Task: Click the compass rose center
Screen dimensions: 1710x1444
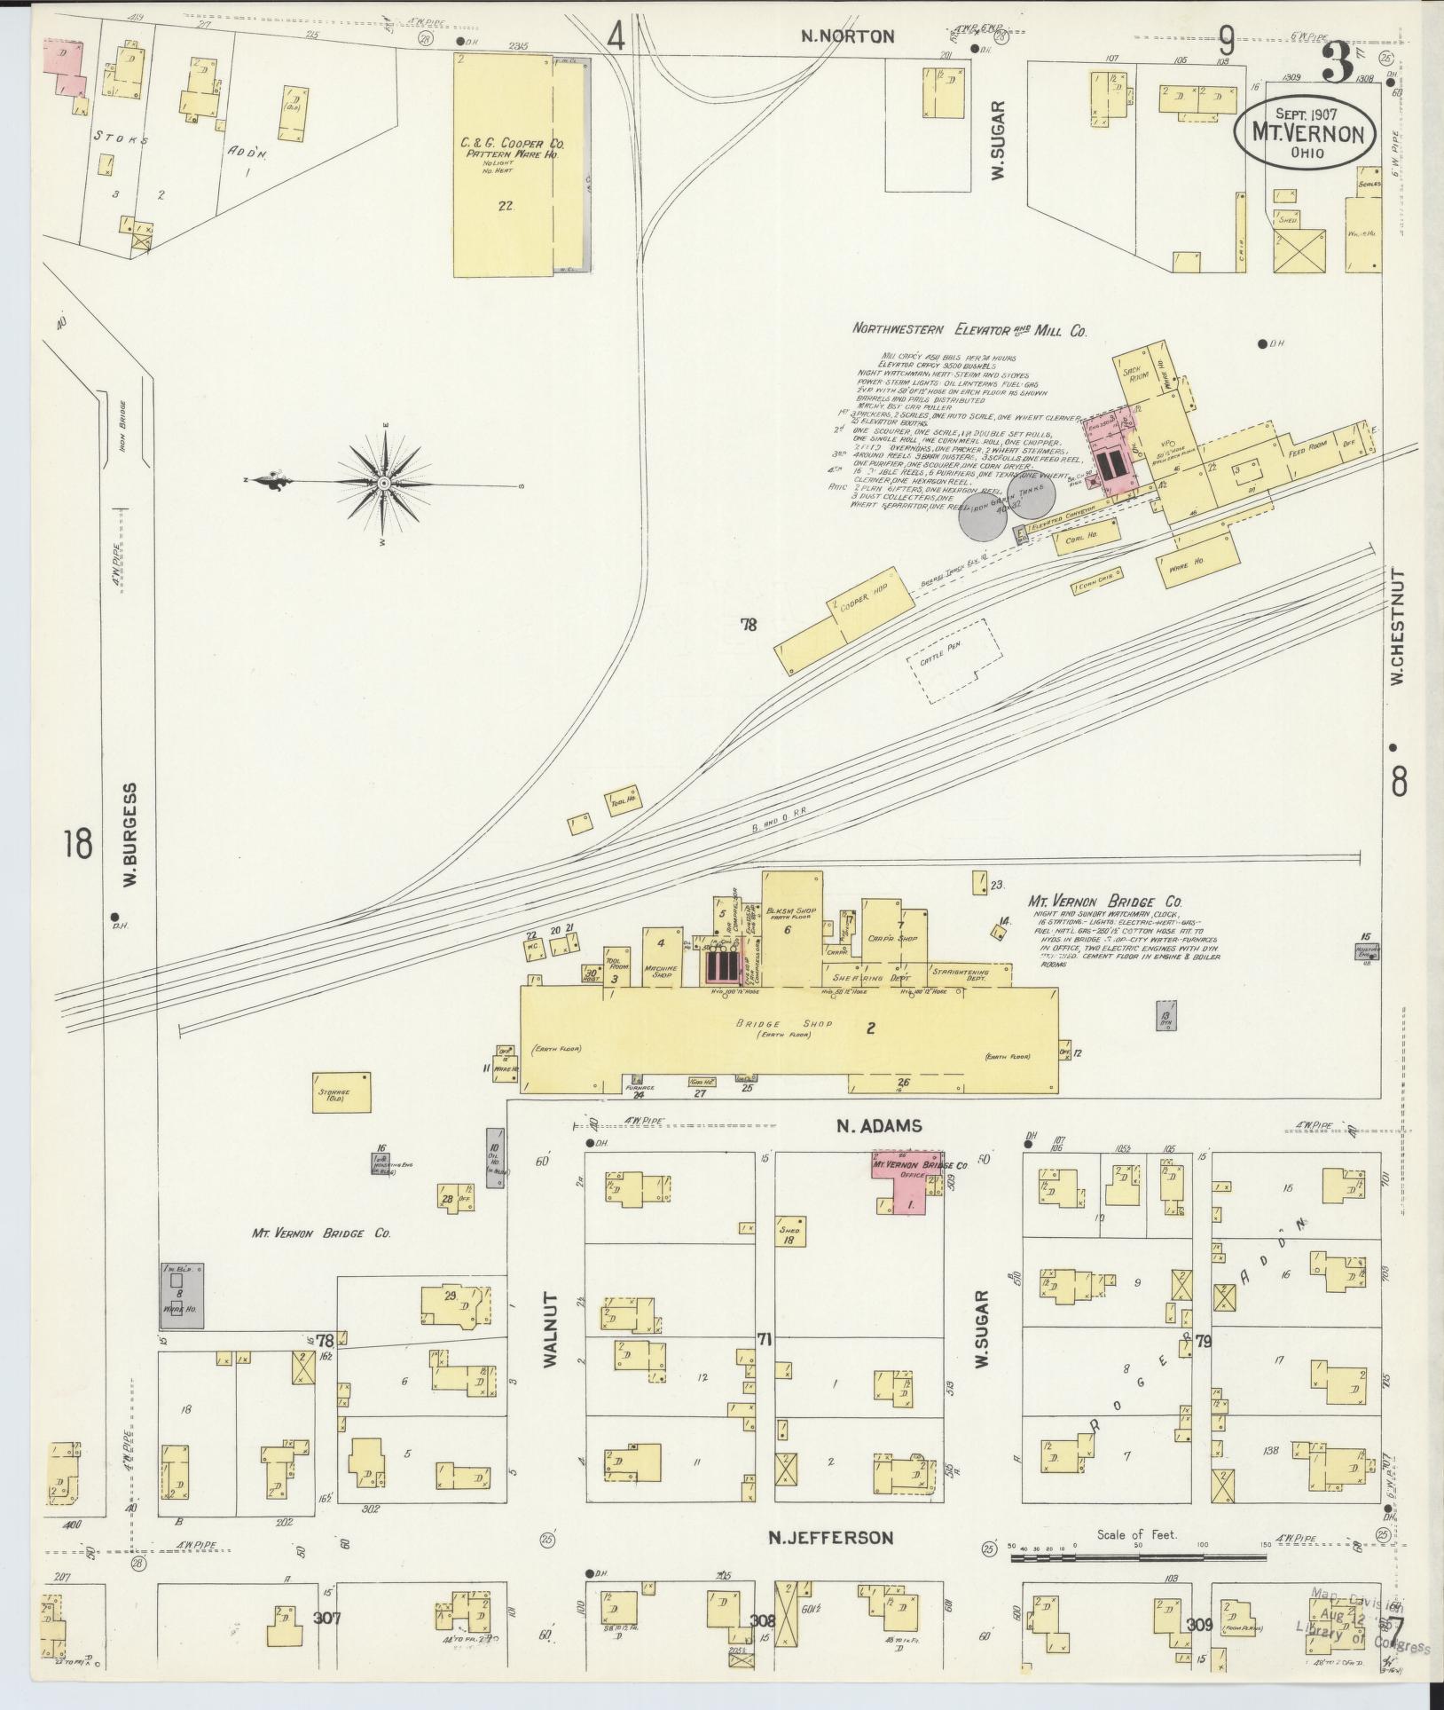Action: tap(383, 483)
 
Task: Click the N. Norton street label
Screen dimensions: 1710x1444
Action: tap(847, 36)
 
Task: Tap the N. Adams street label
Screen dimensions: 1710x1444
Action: tap(880, 1126)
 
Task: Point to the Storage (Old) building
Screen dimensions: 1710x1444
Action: tap(340, 1093)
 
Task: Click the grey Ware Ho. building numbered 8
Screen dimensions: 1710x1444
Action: tap(182, 1296)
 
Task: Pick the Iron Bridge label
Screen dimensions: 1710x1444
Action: tap(122, 425)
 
